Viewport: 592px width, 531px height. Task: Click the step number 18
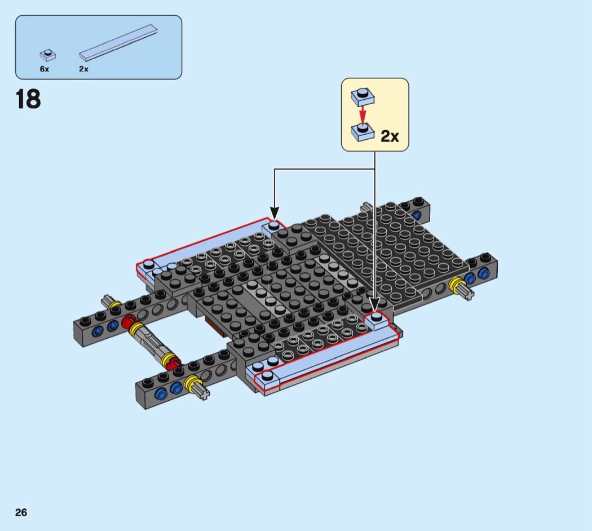(x=28, y=99)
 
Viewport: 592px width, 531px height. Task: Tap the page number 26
(x=21, y=512)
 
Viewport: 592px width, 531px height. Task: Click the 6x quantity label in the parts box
(x=45, y=69)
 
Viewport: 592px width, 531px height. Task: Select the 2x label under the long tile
(x=84, y=69)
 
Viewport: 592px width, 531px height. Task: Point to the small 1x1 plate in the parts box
(x=48, y=55)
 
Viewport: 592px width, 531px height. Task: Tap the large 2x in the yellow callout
(x=390, y=136)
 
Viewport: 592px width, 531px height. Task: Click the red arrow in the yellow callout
(x=363, y=115)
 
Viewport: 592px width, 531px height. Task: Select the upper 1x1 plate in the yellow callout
(x=363, y=96)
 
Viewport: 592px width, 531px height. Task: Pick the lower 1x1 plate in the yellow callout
(x=363, y=132)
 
